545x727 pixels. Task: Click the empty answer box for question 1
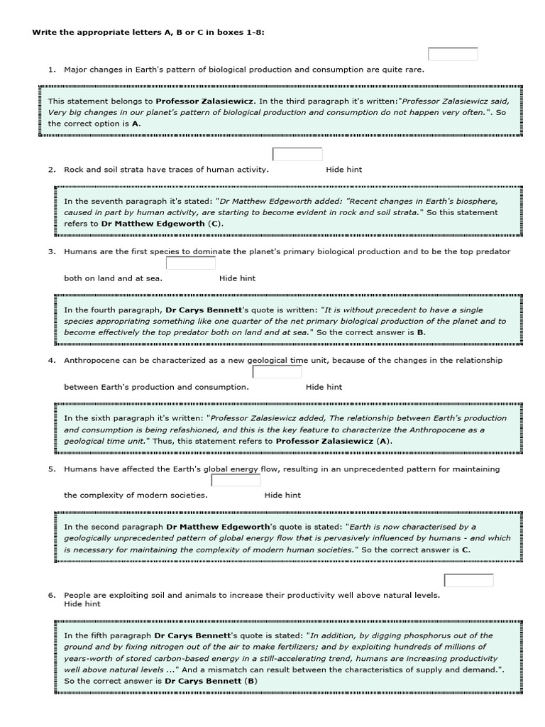[453, 55]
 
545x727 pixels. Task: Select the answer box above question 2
[297, 155]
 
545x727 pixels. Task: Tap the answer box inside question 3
[190, 263]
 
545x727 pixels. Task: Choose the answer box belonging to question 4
[277, 372]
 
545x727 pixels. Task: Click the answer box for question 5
[236, 481]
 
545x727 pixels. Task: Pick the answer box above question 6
[468, 581]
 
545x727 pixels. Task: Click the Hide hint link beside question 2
[344, 170]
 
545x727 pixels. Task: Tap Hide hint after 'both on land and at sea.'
[238, 278]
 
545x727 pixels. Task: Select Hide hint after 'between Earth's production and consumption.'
[324, 387]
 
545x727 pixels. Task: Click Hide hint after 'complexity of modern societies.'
[282, 496]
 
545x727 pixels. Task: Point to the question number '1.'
[52, 70]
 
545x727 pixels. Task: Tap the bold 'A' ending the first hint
[136, 124]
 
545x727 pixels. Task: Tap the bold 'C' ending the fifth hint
[466, 550]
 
